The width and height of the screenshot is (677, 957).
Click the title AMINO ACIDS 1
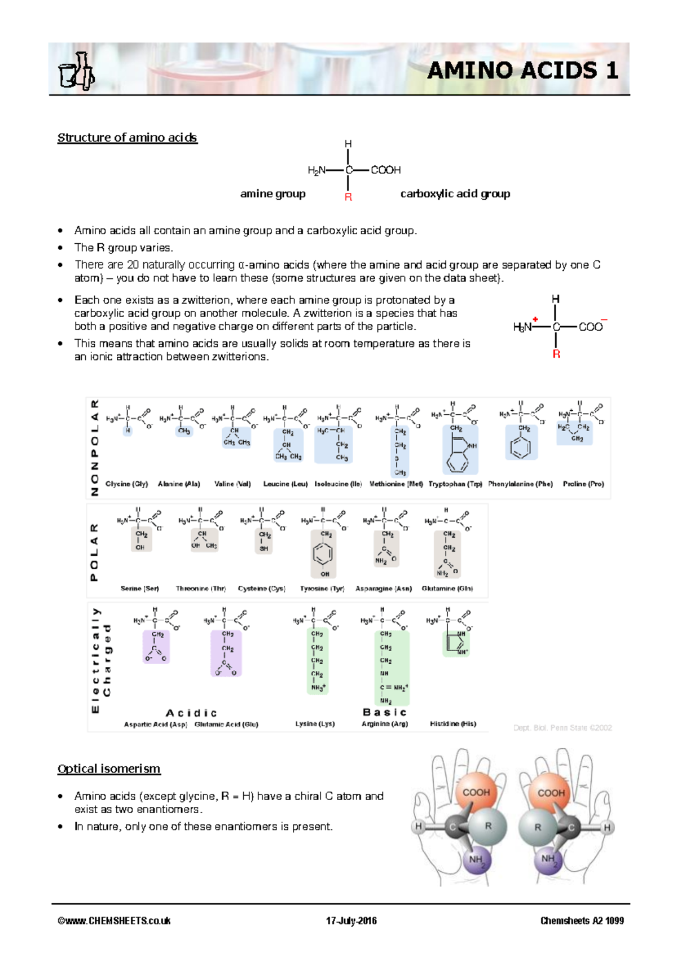522,71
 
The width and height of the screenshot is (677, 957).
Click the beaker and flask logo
76,72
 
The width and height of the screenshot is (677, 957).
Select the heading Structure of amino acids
127,138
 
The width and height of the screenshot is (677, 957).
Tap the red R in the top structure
348,197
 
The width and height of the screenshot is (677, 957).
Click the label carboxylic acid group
455,194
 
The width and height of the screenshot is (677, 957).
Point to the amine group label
272,194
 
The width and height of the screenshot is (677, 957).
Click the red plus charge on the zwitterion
535,319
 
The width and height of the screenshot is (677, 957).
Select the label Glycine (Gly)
126,484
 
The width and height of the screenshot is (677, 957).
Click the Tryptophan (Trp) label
455,484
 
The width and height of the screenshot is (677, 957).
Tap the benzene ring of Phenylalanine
520,448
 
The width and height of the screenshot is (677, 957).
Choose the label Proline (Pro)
583,484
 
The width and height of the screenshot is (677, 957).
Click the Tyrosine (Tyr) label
322,589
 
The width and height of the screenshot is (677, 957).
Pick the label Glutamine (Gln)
447,589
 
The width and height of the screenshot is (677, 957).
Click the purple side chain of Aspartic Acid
156,647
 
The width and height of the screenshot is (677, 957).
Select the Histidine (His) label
452,723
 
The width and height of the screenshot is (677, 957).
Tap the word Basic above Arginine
385,712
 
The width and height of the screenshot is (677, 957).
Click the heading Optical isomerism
109,769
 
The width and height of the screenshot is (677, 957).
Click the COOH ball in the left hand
476,792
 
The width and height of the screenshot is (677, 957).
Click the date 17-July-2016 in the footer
351,921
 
